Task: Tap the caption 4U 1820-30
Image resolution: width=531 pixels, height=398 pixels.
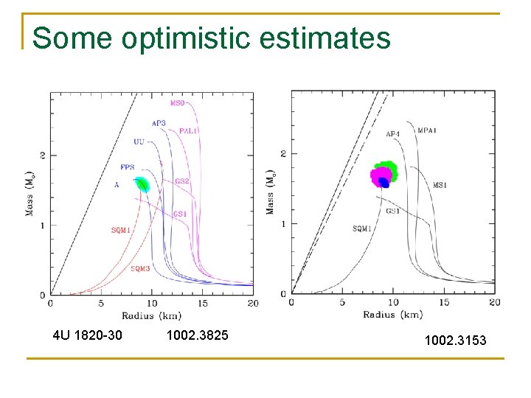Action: click(88, 336)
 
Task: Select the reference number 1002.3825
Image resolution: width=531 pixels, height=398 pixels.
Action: click(198, 336)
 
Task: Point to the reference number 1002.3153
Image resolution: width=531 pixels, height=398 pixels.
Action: click(455, 340)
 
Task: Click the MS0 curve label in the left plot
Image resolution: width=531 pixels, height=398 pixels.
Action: click(178, 103)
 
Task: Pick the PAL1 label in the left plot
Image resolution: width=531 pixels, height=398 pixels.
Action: click(188, 130)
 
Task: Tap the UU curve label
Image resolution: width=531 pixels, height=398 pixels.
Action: click(139, 142)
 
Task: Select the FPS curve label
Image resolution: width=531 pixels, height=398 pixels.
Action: click(128, 167)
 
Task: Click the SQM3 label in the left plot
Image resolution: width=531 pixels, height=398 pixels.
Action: click(140, 269)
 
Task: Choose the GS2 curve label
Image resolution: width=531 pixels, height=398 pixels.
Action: click(181, 181)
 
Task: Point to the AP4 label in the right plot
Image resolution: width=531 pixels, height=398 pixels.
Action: click(393, 134)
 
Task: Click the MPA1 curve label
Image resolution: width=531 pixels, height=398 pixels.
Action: click(428, 130)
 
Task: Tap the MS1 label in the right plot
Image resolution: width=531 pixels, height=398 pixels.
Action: click(440, 186)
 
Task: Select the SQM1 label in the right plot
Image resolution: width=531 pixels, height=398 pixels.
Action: click(362, 229)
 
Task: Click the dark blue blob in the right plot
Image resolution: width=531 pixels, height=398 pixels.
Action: click(383, 182)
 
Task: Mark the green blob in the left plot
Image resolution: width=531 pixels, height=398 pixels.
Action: click(142, 184)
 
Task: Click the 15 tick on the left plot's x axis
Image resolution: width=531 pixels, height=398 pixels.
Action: click(203, 303)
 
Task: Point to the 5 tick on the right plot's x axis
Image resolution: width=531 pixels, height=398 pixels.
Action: click(342, 302)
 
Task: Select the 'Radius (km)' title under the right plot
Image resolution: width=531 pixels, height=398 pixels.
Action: click(392, 315)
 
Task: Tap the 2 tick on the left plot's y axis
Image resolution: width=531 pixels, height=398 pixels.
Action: click(44, 156)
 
